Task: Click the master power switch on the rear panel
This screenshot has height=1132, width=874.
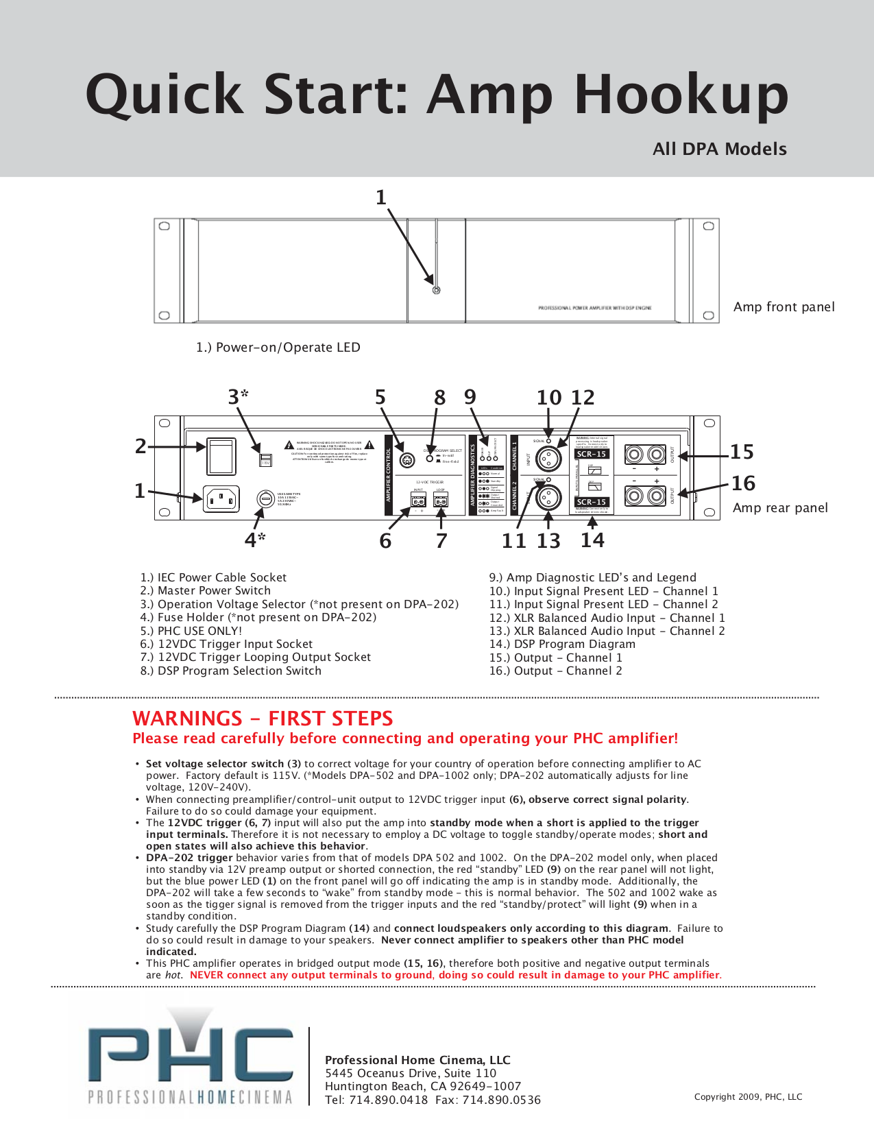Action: [x=221, y=457]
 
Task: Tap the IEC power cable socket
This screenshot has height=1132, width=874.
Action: [x=221, y=498]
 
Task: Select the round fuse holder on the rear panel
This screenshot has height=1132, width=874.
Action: [x=265, y=498]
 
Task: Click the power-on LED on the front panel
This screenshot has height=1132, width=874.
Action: [x=436, y=290]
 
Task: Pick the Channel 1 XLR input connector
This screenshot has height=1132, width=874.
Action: [x=548, y=458]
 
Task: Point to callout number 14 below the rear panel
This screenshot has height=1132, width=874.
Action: [x=592, y=540]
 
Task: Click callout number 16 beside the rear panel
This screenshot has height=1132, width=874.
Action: [x=743, y=483]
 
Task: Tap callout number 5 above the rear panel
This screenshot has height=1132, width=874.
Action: [x=380, y=397]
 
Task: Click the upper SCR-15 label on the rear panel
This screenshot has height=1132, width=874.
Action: [x=592, y=454]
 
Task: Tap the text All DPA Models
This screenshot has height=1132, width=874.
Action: [x=719, y=149]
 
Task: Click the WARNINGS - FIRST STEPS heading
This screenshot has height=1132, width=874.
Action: [x=263, y=718]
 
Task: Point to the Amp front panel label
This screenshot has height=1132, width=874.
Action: [x=784, y=306]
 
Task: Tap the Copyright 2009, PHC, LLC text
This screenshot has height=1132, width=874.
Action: [x=748, y=1096]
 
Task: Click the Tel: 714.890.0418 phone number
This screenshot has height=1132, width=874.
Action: [x=376, y=1100]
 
